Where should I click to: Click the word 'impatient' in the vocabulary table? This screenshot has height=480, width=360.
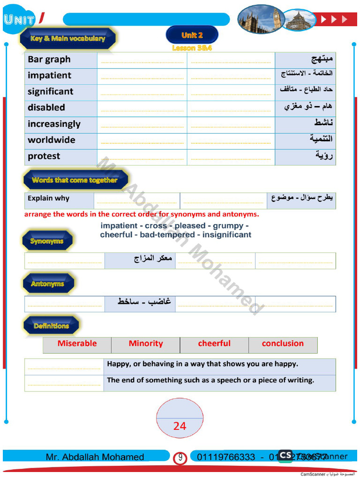click(49, 75)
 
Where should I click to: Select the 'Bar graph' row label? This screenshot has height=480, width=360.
click(49, 60)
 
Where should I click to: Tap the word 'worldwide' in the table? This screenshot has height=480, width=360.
click(51, 140)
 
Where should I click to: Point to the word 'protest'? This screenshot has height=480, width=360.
click(44, 156)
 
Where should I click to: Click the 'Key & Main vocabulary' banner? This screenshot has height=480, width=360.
click(68, 39)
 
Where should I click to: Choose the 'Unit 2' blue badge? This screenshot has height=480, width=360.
click(192, 35)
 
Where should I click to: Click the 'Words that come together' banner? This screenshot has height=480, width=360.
click(75, 180)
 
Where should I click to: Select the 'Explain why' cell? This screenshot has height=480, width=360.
click(48, 198)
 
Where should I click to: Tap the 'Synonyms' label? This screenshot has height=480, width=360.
click(47, 241)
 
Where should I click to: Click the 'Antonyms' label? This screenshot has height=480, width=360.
click(47, 284)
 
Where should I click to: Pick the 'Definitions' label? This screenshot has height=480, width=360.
click(51, 326)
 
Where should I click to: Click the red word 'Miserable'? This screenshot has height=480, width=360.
click(77, 344)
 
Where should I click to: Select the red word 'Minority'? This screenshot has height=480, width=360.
click(146, 344)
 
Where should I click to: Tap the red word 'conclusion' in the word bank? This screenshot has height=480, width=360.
click(283, 344)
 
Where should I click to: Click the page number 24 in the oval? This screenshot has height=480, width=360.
click(180, 426)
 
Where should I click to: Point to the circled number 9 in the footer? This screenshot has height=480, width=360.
click(180, 457)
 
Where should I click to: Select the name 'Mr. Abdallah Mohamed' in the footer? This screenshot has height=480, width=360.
click(95, 457)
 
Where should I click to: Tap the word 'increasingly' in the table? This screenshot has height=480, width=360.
click(54, 124)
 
